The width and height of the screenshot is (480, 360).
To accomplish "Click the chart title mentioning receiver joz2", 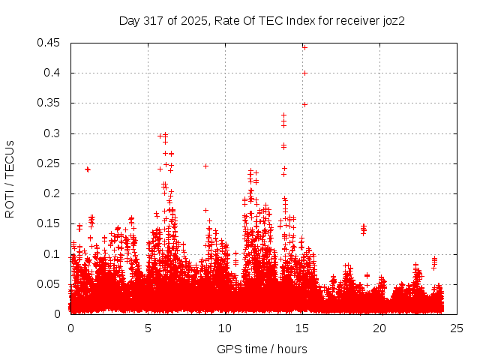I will point(262,20).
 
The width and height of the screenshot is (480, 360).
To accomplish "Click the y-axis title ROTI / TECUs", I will point(10,178).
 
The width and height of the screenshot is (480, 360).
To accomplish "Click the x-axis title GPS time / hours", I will point(262,349).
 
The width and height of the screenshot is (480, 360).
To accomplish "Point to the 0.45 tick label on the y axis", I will point(49,43).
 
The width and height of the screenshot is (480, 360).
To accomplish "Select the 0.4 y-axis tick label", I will point(52,73).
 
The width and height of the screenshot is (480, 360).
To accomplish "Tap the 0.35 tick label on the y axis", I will point(49,103).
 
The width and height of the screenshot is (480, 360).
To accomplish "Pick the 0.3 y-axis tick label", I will point(52,133).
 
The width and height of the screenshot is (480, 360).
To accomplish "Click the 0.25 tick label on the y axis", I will point(49,163).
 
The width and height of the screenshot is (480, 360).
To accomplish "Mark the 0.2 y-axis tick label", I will point(52,193).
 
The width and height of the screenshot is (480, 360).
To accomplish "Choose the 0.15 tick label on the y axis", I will point(49,223).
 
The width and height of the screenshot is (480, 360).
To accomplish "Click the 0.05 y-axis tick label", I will point(49,284).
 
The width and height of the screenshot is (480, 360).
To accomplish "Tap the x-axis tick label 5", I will point(148,328).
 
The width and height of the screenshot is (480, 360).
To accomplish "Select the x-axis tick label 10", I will point(225,328).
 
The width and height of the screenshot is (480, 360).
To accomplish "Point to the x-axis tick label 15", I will point(302,328).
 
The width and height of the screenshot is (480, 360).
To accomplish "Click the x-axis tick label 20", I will point(379,328).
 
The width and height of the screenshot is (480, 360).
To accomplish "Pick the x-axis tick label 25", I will point(457,328).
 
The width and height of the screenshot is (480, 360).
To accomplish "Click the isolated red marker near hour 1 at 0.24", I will point(88,169).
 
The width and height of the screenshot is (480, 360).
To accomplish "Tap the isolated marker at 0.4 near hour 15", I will point(304,73).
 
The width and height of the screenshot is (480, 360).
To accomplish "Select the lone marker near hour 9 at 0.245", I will point(205,166).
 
